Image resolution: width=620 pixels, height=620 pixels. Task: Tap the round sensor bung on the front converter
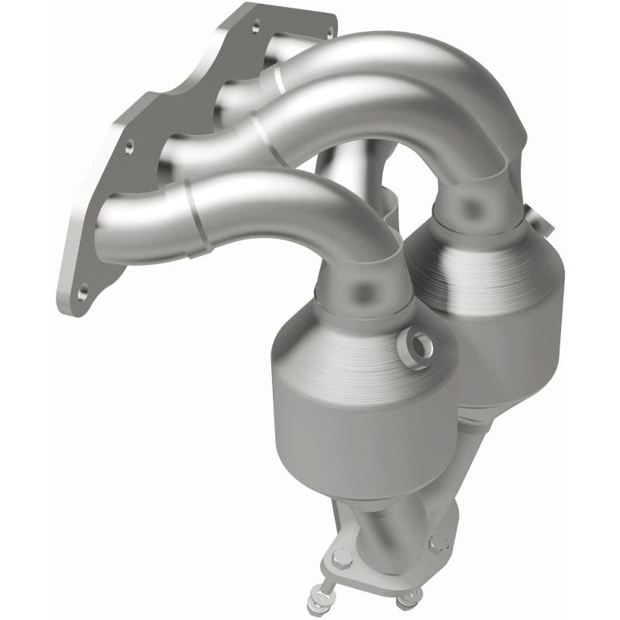tap(417, 342)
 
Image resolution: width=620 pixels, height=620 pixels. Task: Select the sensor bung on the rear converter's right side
tap(545, 224)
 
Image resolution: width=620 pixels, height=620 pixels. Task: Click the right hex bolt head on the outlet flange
tap(439, 542)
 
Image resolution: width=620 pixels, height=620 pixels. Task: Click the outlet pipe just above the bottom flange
tap(387, 527)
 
